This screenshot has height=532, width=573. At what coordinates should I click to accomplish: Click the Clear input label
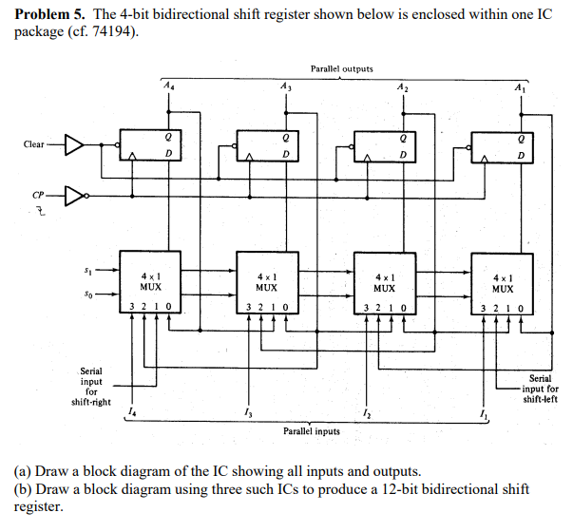[x=34, y=144]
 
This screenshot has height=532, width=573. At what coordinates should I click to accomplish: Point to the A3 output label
[x=286, y=86]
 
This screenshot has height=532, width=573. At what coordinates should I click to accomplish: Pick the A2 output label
[x=404, y=86]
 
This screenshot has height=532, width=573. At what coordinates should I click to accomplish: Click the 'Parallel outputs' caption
[x=341, y=68]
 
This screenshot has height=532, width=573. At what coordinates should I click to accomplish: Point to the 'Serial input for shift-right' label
[x=92, y=386]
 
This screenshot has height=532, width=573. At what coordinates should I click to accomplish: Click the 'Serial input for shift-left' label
[x=540, y=389]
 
